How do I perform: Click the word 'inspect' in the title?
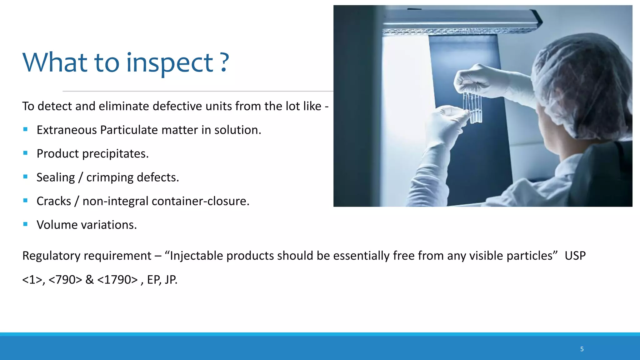point(170,62)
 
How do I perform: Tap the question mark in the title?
point(224,62)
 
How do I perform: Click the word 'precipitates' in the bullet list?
point(115,154)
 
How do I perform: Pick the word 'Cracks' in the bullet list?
point(54,201)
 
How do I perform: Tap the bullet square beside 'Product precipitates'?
point(25,153)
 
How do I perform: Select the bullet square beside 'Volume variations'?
point(25,224)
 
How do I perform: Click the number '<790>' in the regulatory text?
point(65,280)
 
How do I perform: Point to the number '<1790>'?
point(117,280)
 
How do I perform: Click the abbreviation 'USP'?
point(575,256)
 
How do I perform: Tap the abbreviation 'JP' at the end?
point(171,280)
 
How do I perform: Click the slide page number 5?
point(582,349)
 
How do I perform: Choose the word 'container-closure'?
point(200,201)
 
